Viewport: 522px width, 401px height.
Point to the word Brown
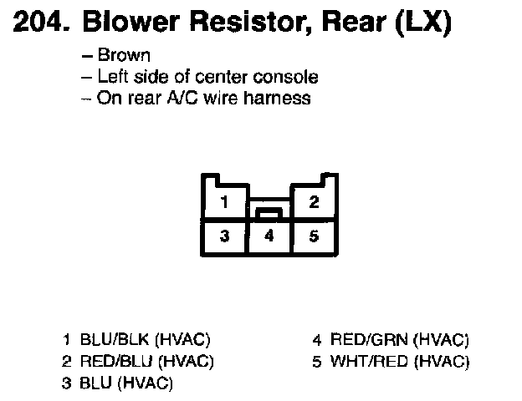point(124,56)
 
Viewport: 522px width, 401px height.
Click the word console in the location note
point(289,78)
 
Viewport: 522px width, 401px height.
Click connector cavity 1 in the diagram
point(223,202)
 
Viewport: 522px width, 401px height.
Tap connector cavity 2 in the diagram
point(314,202)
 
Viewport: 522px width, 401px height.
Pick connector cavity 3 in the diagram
point(224,236)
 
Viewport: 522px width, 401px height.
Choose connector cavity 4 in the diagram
point(269,236)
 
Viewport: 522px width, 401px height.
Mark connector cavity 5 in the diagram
point(314,236)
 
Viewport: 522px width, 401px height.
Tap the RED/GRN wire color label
point(369,340)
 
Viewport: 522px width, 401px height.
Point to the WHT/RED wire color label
point(369,362)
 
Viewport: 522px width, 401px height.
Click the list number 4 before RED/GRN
point(317,340)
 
